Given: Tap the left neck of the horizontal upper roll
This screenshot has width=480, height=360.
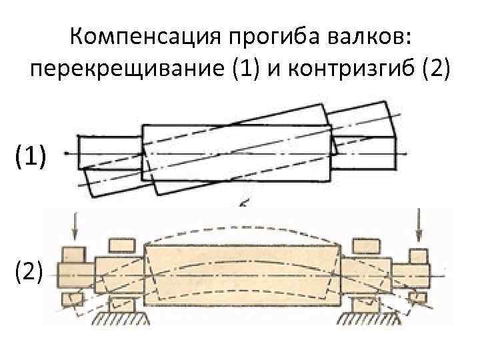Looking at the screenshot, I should click(x=110, y=153).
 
